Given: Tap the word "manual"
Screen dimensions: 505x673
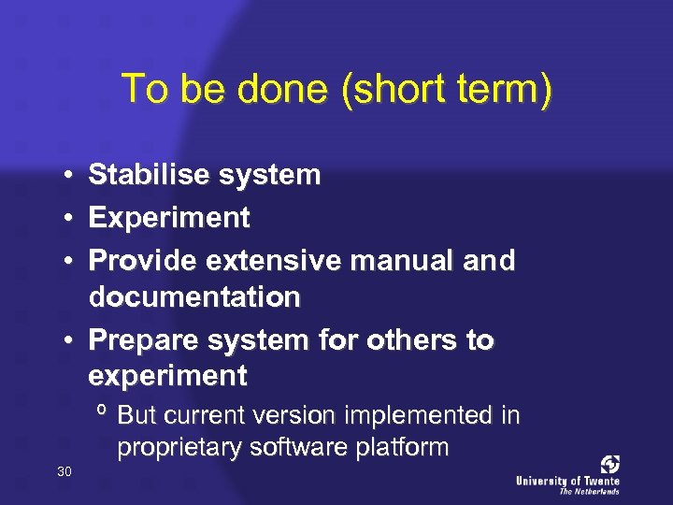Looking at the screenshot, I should tap(400, 261).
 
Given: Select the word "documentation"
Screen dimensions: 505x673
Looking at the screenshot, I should tap(194, 298).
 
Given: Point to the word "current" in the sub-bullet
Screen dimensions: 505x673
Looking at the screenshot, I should tap(192, 414).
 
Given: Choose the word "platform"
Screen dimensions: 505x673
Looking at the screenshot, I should tap(403, 448).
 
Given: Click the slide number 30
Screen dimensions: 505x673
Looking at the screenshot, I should tap(64, 471).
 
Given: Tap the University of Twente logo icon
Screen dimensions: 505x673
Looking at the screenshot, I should tap(609, 465).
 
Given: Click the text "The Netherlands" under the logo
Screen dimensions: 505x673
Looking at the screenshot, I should tap(589, 490).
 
